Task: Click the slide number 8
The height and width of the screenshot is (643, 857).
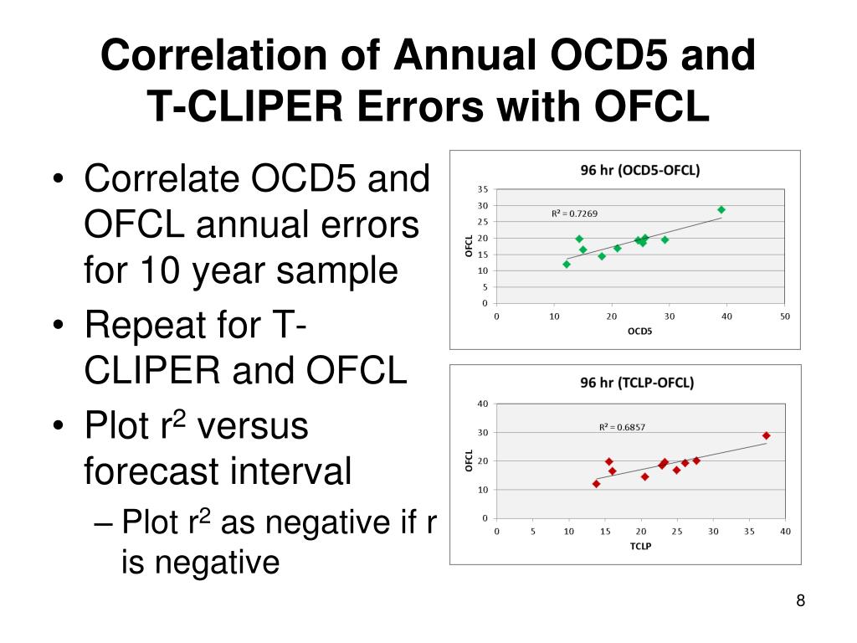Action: click(800, 600)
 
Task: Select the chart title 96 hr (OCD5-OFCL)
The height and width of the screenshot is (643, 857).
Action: click(640, 170)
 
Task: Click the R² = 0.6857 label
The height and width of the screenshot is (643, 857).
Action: click(622, 427)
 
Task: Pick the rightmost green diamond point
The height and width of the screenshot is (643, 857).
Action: click(721, 210)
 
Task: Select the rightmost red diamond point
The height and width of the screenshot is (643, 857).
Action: click(766, 436)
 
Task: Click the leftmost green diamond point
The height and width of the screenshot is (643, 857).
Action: click(567, 264)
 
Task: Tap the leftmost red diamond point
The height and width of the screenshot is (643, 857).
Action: click(596, 484)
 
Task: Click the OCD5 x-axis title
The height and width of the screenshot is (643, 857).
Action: click(640, 331)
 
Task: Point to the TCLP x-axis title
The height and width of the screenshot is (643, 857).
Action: click(640, 546)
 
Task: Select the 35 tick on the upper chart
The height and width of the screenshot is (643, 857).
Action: click(484, 189)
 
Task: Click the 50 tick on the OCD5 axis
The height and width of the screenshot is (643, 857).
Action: click(785, 316)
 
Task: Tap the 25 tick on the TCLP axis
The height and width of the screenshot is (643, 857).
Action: click(677, 531)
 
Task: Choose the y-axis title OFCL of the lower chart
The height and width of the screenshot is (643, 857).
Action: click(470, 460)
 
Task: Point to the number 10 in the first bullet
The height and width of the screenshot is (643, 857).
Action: click(151, 270)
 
